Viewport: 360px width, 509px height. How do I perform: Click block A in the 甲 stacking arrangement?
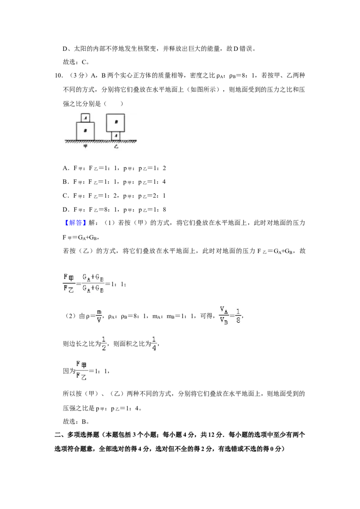[x=85, y=118]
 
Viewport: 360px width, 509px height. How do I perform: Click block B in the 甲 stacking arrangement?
[x=85, y=131]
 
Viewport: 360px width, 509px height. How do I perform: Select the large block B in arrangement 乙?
[x=116, y=122]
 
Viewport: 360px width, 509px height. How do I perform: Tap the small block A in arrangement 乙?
[x=116, y=136]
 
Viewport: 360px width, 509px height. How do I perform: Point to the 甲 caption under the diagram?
[x=85, y=147]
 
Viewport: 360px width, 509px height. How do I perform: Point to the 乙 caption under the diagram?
[x=116, y=147]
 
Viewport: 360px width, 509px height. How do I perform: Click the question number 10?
[x=58, y=76]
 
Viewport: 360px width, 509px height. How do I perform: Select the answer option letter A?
[x=65, y=168]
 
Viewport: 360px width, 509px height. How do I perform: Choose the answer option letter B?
[x=65, y=182]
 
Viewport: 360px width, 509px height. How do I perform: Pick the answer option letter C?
[x=65, y=196]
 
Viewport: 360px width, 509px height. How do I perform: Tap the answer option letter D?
[x=65, y=210]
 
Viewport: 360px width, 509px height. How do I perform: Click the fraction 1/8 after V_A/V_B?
[x=238, y=316]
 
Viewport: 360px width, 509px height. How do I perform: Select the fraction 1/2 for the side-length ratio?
[x=104, y=344]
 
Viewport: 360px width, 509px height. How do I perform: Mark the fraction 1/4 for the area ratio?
[x=154, y=344]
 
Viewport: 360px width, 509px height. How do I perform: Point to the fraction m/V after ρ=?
[x=99, y=316]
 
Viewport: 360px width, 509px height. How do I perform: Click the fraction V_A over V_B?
[x=224, y=315]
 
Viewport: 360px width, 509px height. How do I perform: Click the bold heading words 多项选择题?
[x=83, y=435]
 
